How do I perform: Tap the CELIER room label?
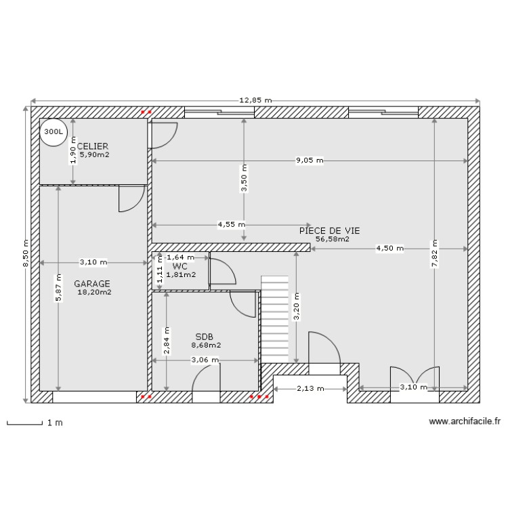tap(93, 146)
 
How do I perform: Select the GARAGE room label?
tap(92, 284)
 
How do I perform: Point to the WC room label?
tap(180, 266)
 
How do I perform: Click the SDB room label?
tap(204, 336)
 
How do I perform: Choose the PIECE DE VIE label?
tap(329, 230)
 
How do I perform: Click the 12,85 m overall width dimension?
tap(255, 100)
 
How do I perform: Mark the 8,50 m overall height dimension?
tap(26, 253)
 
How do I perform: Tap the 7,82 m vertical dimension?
tap(434, 254)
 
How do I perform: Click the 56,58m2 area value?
tap(333, 238)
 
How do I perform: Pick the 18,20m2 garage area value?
tap(94, 293)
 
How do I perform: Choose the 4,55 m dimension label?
tap(231, 224)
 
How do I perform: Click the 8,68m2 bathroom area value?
tap(206, 345)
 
